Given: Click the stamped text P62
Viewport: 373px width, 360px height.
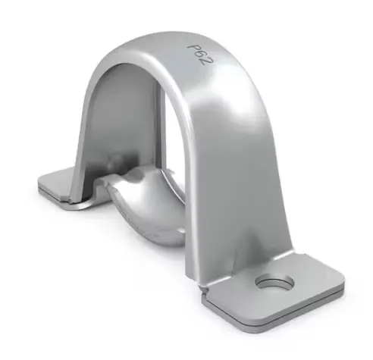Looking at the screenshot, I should coord(198,53).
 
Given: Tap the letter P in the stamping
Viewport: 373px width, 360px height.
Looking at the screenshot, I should coord(192,46).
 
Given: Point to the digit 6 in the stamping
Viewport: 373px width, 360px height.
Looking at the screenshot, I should coord(198,53).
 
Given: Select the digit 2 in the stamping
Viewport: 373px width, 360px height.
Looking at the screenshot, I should coord(204,61).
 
